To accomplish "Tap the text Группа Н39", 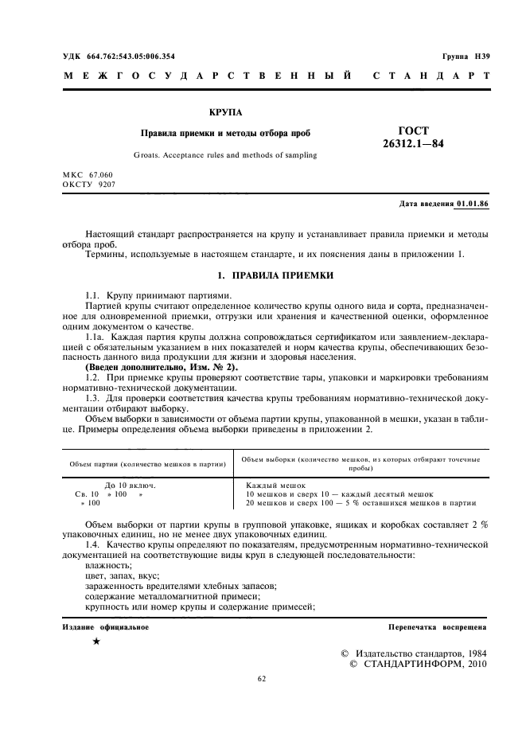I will point(466,56).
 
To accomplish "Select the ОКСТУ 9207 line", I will point(89,184).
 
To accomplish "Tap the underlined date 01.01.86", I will point(473,205).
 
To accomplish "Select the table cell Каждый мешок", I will point(275,485).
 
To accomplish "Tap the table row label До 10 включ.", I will point(130,485).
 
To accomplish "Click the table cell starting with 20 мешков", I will point(360,503).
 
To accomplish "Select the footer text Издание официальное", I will point(106,627).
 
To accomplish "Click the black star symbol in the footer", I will point(95,642).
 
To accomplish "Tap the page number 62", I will point(263,679).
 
